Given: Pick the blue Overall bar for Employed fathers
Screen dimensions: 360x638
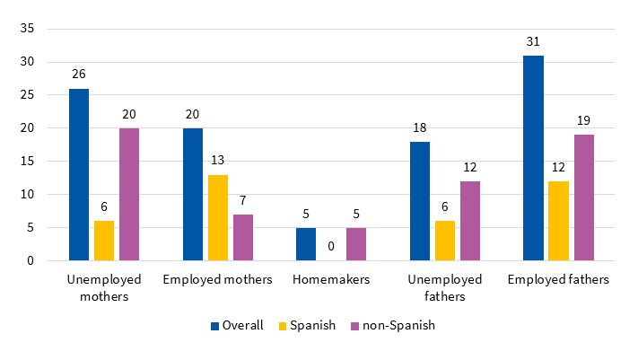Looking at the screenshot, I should click(x=533, y=158).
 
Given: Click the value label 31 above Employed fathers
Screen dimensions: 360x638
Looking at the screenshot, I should click(x=533, y=42).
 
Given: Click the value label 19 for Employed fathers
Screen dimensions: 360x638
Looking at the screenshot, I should click(x=583, y=121).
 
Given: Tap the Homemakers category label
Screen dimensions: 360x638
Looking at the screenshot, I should click(x=331, y=280).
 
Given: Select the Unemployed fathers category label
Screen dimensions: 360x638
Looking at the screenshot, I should click(x=444, y=287).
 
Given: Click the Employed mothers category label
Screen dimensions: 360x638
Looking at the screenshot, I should click(x=217, y=280).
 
